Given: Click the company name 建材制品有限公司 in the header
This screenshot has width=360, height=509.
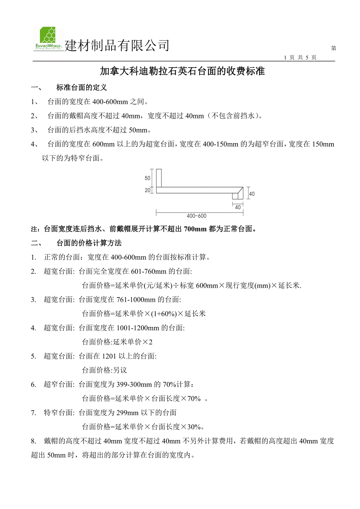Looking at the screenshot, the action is [x=117, y=46].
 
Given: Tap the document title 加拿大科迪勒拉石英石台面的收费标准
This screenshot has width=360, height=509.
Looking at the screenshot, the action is [x=182, y=71].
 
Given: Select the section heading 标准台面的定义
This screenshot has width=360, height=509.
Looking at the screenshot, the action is [x=82, y=88].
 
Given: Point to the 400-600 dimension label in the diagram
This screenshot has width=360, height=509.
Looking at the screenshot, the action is [x=196, y=216].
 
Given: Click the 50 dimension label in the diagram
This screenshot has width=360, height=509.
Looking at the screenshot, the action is [x=148, y=178].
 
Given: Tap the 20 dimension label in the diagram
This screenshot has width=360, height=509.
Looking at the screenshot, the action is [x=148, y=190].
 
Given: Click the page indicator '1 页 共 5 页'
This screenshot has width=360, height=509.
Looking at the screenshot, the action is [x=300, y=57].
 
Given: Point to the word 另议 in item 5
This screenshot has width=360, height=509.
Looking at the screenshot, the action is [x=121, y=370].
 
